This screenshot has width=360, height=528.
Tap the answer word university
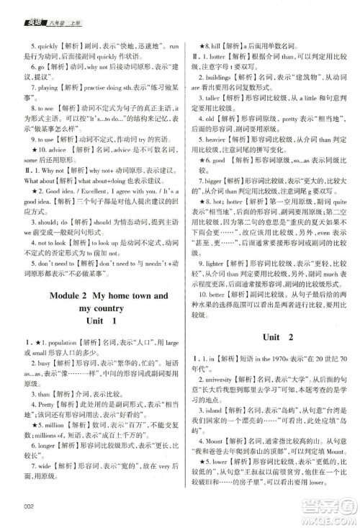pyautogui.click(x=224, y=379)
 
